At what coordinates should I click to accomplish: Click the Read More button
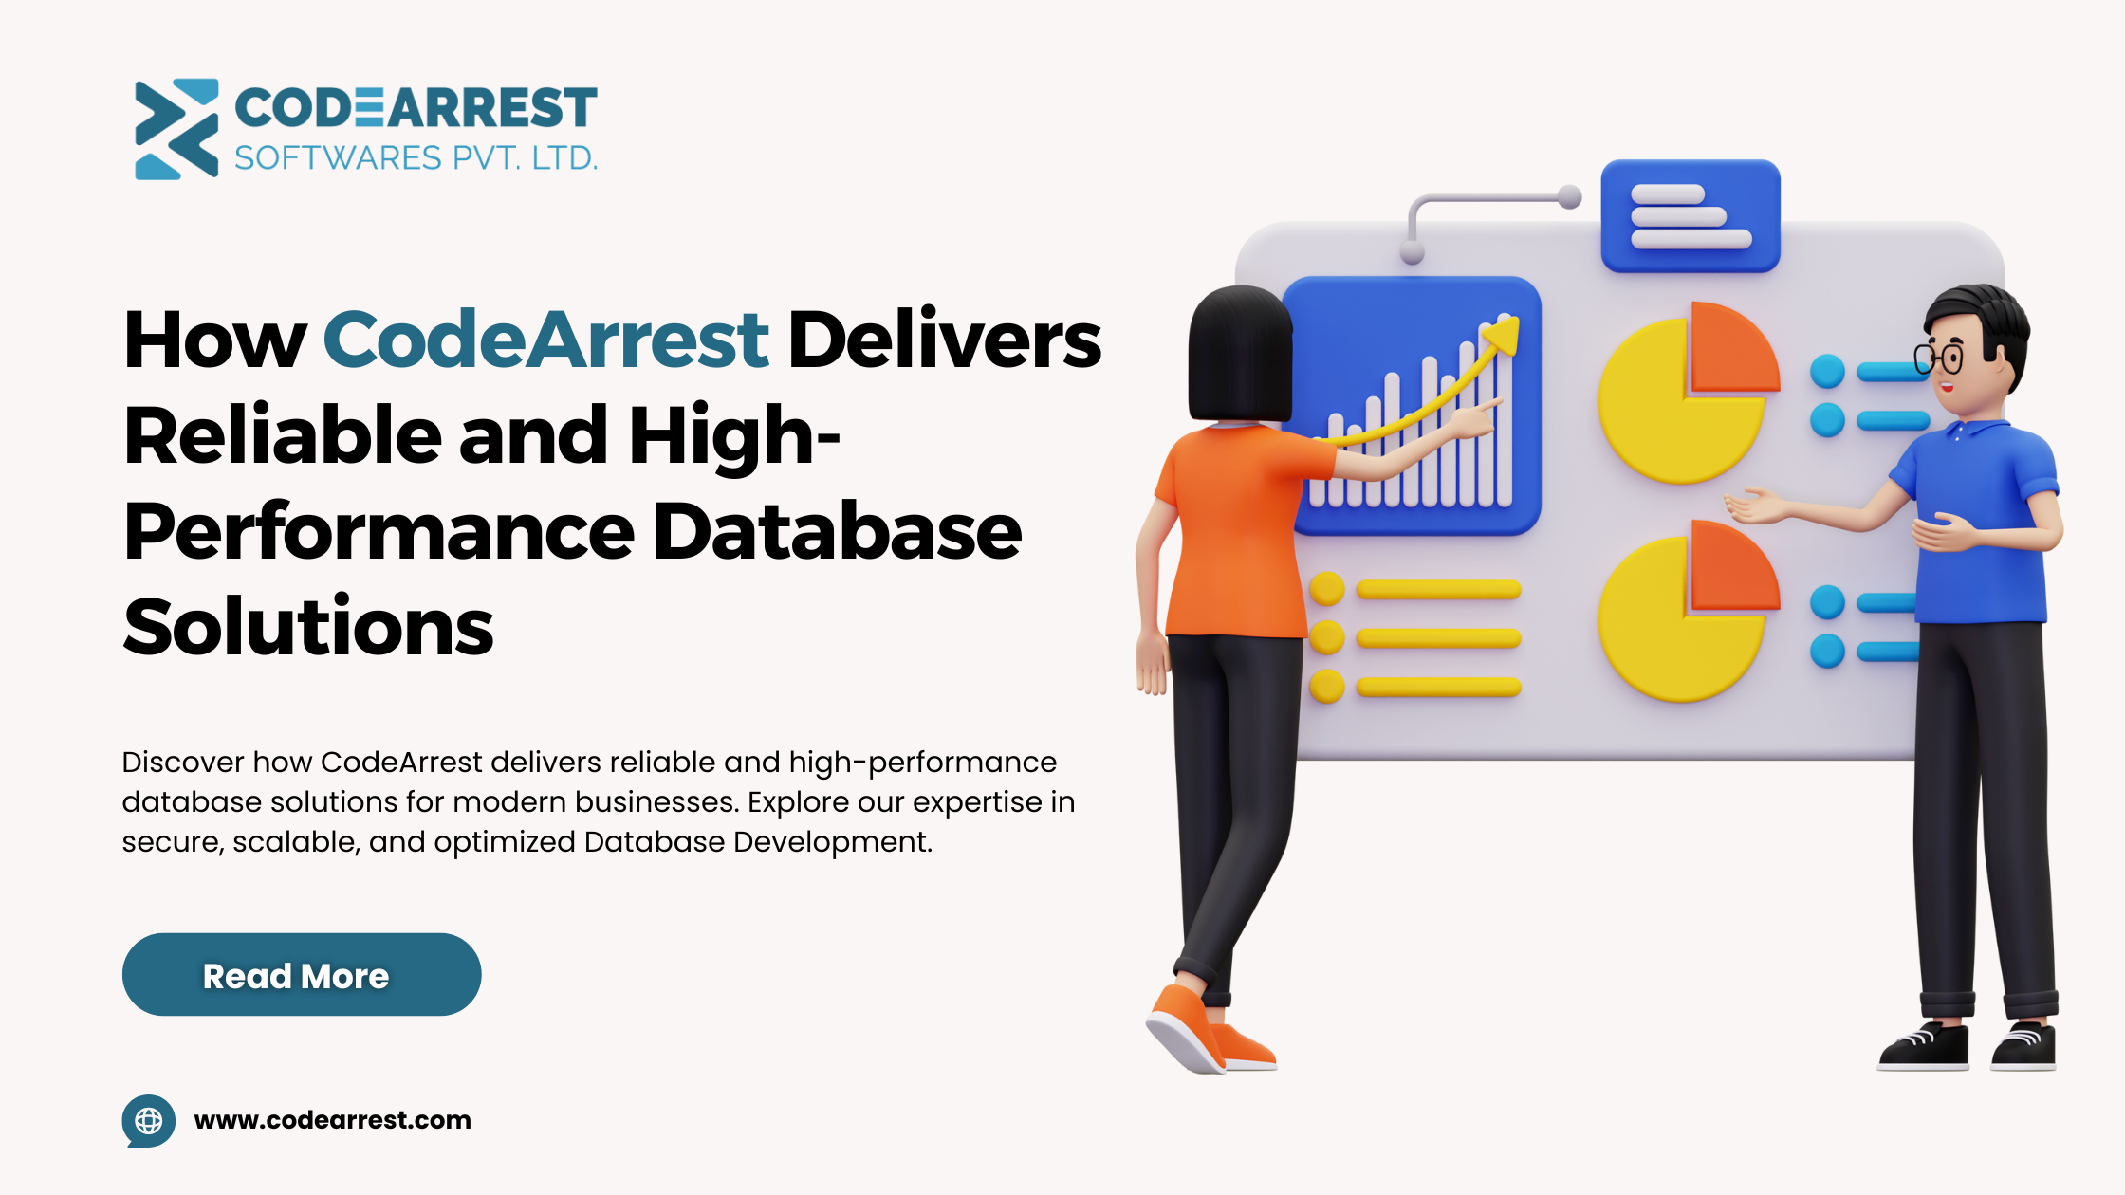302,974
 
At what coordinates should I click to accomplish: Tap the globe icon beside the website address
149,1120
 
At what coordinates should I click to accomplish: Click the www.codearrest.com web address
332,1120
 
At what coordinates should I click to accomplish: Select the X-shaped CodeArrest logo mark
176,129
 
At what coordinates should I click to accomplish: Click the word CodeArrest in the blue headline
545,340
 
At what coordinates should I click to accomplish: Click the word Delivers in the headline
945,340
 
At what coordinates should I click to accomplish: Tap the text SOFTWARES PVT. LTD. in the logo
416,157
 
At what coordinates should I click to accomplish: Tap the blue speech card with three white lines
1691,216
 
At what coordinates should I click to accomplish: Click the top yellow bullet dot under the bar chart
1327,589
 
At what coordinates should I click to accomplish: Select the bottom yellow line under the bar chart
1438,687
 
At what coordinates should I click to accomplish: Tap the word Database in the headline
838,531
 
